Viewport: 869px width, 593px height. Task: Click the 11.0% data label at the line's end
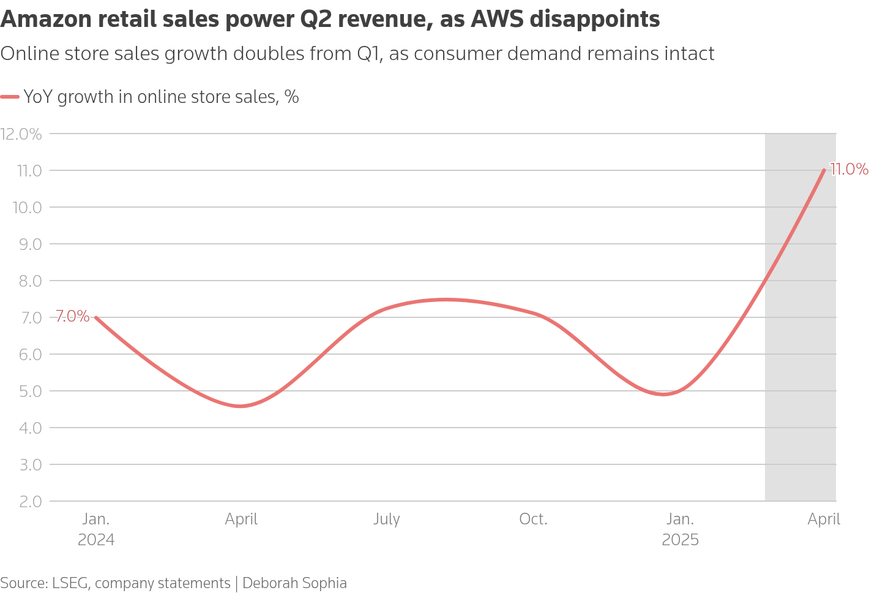848,169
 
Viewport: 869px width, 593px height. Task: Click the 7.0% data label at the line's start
72,317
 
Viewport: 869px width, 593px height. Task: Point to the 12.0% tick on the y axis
21,134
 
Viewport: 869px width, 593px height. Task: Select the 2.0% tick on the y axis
26,501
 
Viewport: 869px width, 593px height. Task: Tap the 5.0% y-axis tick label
26,391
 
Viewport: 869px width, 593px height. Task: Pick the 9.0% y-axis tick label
26,244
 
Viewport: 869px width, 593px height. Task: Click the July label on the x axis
387,519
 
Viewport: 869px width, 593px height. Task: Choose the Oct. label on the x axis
533,519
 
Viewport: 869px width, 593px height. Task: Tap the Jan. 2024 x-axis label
96,529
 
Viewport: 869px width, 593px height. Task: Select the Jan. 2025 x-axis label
680,529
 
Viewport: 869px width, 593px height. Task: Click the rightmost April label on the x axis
824,519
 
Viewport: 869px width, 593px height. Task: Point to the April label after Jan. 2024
241,519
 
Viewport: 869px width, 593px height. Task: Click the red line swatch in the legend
10,97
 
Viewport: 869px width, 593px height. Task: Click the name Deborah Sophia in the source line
294,583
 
